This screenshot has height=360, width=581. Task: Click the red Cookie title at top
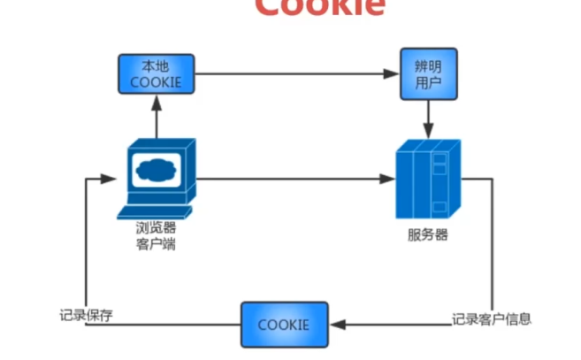[x=319, y=7]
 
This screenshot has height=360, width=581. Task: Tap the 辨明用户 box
[x=428, y=75]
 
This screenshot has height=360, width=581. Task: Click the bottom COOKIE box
[x=284, y=324]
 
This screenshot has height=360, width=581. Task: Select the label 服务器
[x=428, y=236]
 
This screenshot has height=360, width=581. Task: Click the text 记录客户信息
[x=492, y=318]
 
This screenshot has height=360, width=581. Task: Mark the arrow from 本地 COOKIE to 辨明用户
[x=292, y=75]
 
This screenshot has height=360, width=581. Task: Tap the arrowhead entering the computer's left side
[x=111, y=179]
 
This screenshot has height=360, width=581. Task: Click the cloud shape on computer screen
[x=158, y=168]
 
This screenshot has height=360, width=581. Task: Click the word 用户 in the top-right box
[x=428, y=83]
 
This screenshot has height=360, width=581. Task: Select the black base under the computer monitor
[x=158, y=211]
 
